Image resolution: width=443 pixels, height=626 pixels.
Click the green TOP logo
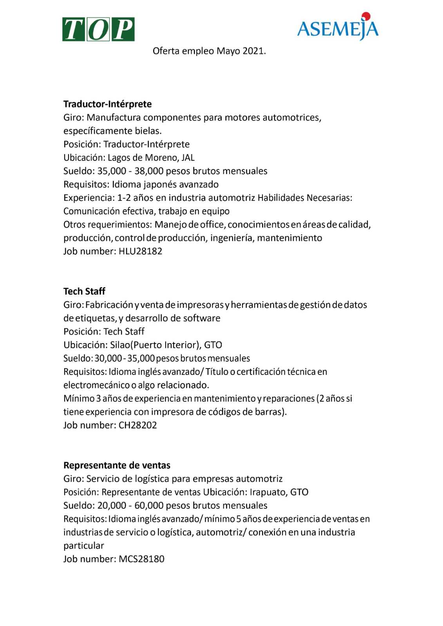[98, 29]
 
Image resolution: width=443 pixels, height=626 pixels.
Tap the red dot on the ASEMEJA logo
[366, 16]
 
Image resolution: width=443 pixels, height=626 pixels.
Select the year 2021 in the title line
[254, 51]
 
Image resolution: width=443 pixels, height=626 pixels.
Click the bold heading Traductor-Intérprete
[107, 104]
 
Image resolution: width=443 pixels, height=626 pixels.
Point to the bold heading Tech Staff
[84, 291]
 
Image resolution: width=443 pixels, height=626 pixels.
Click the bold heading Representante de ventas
[117, 465]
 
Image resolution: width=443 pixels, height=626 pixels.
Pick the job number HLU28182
[140, 251]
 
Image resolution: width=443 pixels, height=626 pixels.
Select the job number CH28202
[137, 425]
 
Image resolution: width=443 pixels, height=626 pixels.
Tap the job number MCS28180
[141, 559]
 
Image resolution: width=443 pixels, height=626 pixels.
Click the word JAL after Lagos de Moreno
[188, 158]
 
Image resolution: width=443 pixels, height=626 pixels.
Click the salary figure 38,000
[149, 171]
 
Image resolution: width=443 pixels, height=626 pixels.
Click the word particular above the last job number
[83, 545]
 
